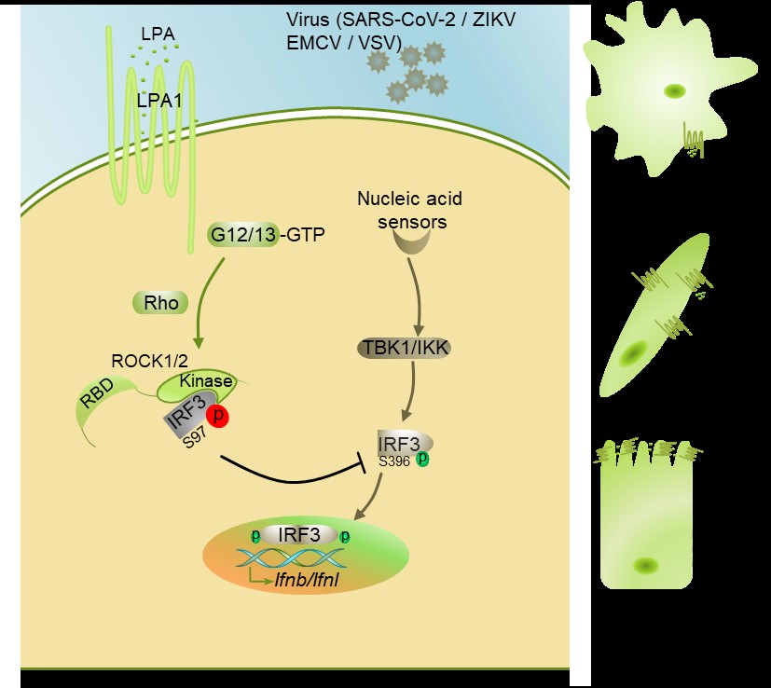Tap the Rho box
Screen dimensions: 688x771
click(x=155, y=302)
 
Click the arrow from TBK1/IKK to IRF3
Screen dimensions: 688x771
click(x=406, y=391)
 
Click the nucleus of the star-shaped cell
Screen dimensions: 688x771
click(x=673, y=91)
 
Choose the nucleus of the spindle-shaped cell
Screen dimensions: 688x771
click(x=638, y=353)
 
